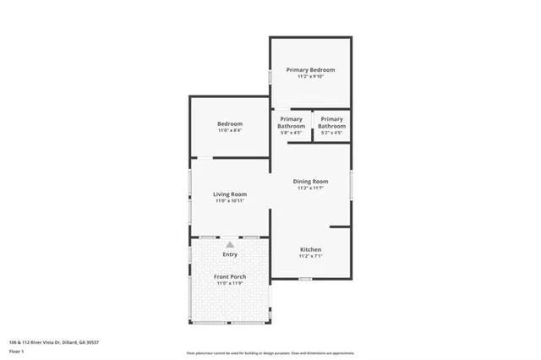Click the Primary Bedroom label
click(310, 69)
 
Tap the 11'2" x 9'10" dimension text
click(310, 77)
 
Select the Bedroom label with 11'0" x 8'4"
click(230, 124)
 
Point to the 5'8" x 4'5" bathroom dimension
click(292, 133)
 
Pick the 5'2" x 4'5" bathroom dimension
click(331, 133)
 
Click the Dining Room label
click(310, 182)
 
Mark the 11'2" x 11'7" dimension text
click(310, 188)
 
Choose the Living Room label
click(229, 194)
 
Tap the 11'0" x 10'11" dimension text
click(229, 201)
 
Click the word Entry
click(230, 254)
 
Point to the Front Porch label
click(229, 275)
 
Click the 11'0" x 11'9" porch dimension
click(229, 282)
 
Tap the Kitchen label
click(310, 250)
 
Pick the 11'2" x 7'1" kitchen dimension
click(310, 257)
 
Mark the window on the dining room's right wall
click(351, 184)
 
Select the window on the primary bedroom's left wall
click(270, 75)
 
